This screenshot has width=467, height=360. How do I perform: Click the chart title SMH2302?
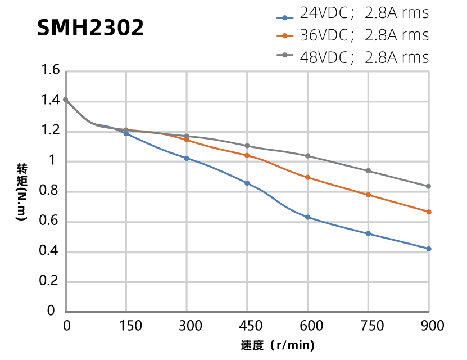pos(90,28)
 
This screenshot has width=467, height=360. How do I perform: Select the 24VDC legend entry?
pos(353,13)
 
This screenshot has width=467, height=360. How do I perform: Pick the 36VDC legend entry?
pos(353,35)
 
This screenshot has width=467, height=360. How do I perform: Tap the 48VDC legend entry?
pos(353,57)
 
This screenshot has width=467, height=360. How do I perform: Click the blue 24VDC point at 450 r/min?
pos(247,183)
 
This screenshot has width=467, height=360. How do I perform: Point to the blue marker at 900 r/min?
pos(429,249)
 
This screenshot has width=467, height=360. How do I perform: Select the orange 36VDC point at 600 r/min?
pos(307,177)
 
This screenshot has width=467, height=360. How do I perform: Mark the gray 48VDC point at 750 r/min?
pos(368,170)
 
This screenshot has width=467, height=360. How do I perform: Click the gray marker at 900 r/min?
pos(429,186)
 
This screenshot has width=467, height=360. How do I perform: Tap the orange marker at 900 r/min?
pos(429,212)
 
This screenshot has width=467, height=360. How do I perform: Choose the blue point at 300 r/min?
pos(187,158)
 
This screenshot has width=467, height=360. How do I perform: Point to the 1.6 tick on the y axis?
pos(50,71)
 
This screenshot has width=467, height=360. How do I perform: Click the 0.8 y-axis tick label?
pos(50,191)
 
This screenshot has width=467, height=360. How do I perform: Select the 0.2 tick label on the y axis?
pos(50,281)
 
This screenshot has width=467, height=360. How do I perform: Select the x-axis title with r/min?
pos(277,345)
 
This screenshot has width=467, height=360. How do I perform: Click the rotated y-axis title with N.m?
pos(21,192)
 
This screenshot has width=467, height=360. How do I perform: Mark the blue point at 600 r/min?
pos(307,217)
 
